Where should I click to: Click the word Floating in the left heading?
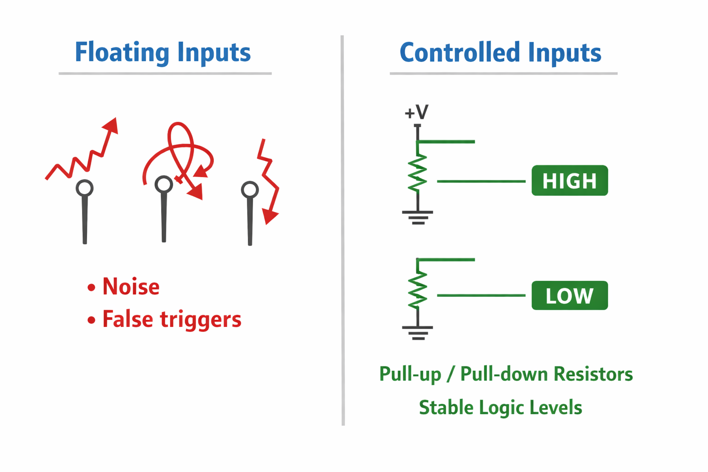pyautogui.click(x=122, y=52)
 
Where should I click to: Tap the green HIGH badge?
pyautogui.click(x=569, y=181)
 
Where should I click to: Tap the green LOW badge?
pyautogui.click(x=569, y=295)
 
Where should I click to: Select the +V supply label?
pyautogui.click(x=416, y=112)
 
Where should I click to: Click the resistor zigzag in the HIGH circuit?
pyautogui.click(x=418, y=172)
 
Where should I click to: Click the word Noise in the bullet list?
pyautogui.click(x=131, y=287)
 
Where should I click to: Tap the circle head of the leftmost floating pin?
pyautogui.click(x=85, y=188)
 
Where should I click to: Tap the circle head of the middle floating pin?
pyautogui.click(x=164, y=184)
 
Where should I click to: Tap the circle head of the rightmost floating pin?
pyautogui.click(x=250, y=189)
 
